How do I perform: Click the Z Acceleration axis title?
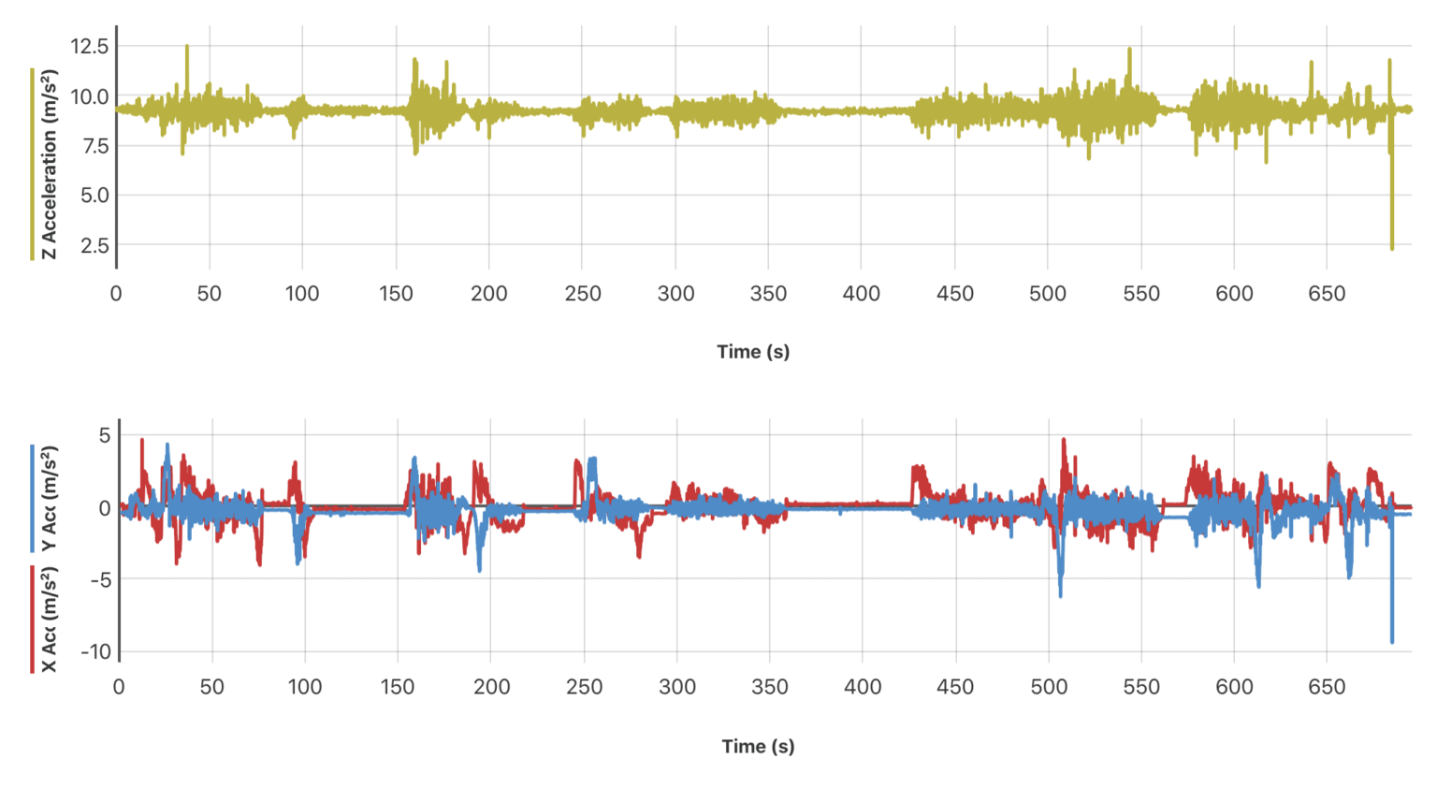(x=49, y=164)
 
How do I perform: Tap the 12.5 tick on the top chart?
(x=90, y=47)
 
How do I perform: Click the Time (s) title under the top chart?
(x=753, y=352)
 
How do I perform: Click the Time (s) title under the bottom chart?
(x=758, y=747)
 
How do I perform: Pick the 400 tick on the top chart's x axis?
(x=862, y=294)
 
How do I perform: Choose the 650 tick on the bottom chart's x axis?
(x=1327, y=688)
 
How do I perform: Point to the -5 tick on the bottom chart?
(x=100, y=579)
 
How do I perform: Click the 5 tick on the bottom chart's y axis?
(x=105, y=435)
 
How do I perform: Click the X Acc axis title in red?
(x=49, y=620)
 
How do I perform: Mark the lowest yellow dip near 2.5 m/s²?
(x=1392, y=247)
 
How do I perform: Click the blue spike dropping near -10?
(x=1392, y=640)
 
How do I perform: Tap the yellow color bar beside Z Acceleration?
(x=32, y=164)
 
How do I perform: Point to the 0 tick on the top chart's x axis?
(x=116, y=294)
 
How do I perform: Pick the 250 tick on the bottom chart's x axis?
(x=585, y=688)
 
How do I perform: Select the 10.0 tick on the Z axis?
(x=90, y=96)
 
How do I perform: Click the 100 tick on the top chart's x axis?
(x=302, y=294)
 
